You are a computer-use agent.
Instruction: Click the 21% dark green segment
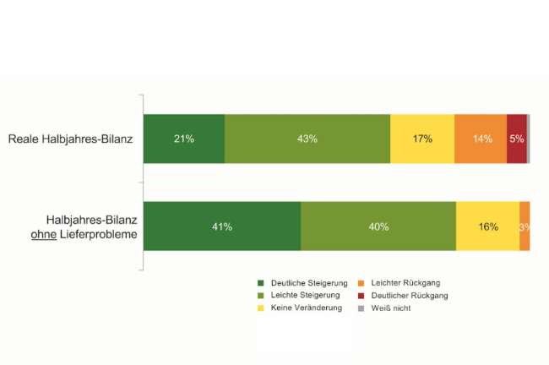click(x=183, y=139)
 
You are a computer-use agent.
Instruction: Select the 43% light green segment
click(x=307, y=139)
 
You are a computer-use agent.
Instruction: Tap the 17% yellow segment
click(x=422, y=139)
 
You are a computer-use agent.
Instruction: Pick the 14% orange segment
click(x=481, y=139)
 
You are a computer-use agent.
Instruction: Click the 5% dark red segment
click(x=517, y=139)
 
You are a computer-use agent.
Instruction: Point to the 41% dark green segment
click(x=221, y=226)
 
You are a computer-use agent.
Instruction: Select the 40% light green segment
click(x=378, y=226)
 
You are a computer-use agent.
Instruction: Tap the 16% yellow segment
click(x=487, y=226)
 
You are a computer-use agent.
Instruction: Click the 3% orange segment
click(x=525, y=226)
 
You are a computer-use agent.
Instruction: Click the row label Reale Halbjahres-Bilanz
click(x=70, y=139)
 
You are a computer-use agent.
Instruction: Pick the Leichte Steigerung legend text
click(x=306, y=296)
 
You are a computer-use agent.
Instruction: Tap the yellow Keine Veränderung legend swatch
click(x=262, y=308)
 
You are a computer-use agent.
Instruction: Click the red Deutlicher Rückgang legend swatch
click(x=360, y=296)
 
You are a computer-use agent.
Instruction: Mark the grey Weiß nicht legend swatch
click(x=360, y=308)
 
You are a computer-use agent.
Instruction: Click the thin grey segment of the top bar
click(x=529, y=139)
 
